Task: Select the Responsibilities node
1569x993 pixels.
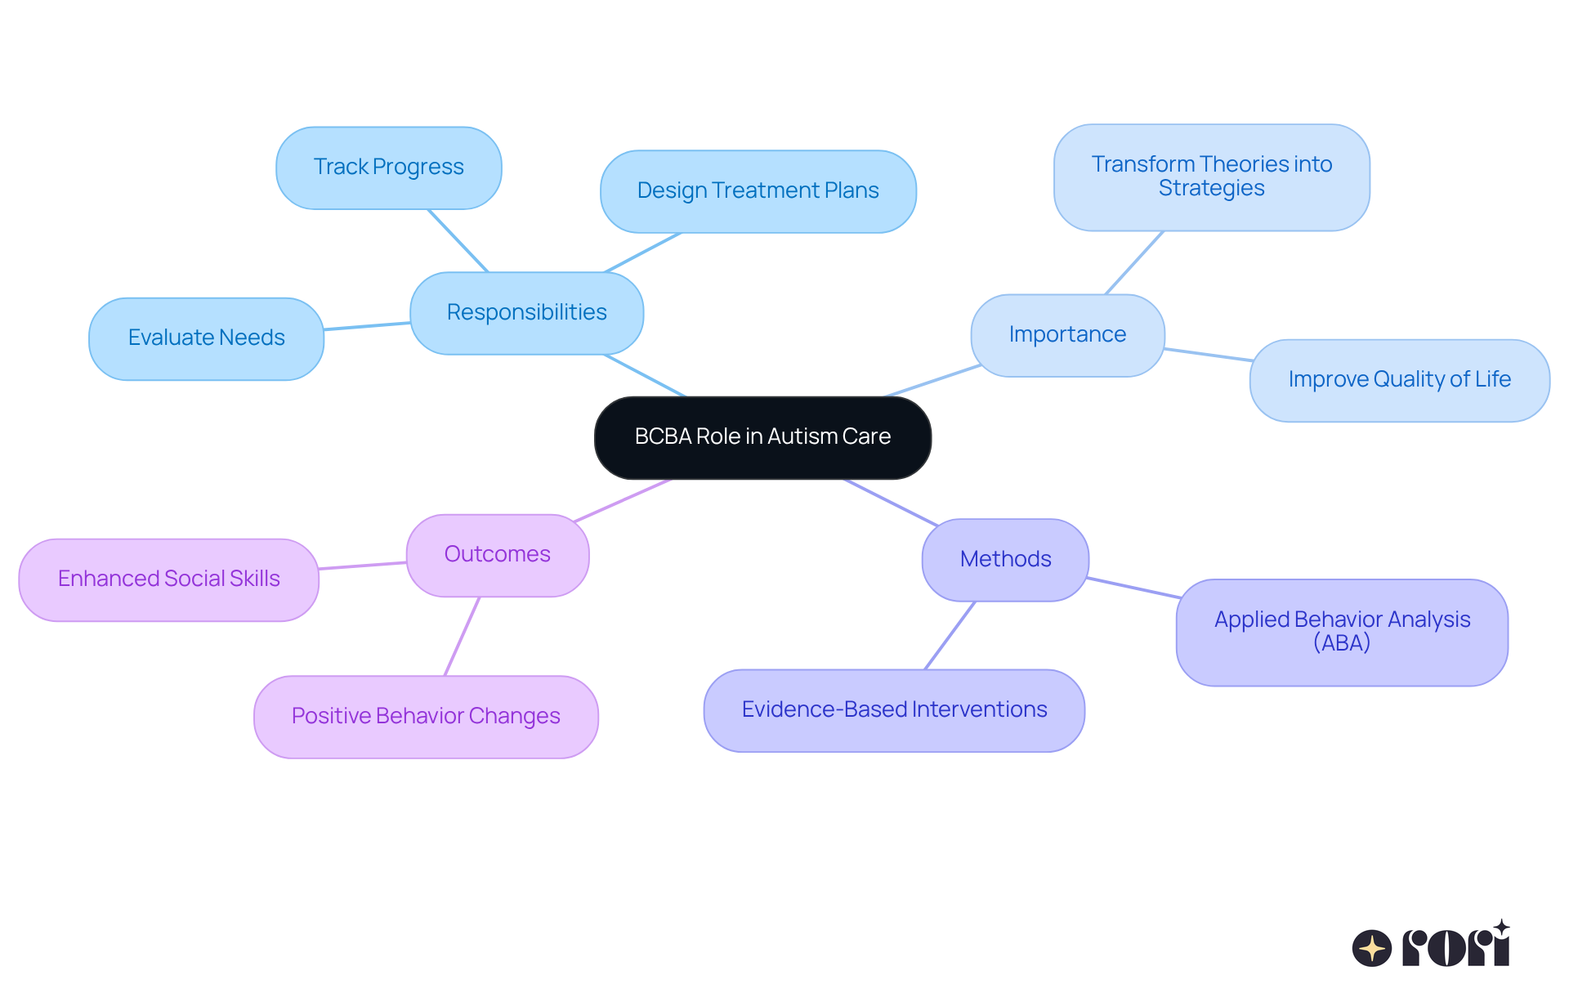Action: [526, 313]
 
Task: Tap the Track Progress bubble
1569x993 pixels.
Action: [388, 168]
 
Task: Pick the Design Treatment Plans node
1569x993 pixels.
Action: [758, 191]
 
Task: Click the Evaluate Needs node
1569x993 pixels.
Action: [206, 338]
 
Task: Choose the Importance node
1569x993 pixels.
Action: [1067, 335]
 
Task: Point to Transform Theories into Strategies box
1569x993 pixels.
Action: [1211, 177]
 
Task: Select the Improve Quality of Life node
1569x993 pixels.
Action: [1399, 380]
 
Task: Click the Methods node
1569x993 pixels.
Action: [1005, 560]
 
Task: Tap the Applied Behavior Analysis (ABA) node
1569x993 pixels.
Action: [1342, 632]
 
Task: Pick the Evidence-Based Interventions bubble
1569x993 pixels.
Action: [894, 710]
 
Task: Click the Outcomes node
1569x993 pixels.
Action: [497, 555]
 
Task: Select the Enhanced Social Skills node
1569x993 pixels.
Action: [168, 579]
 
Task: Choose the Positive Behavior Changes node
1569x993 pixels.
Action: [426, 717]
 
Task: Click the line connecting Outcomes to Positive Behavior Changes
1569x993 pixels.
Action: [462, 636]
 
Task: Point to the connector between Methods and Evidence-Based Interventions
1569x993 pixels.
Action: [950, 635]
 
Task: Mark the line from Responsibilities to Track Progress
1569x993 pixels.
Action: [458, 240]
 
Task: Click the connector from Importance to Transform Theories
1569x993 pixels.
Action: [1134, 262]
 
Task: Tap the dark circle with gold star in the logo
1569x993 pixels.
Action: [1371, 948]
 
